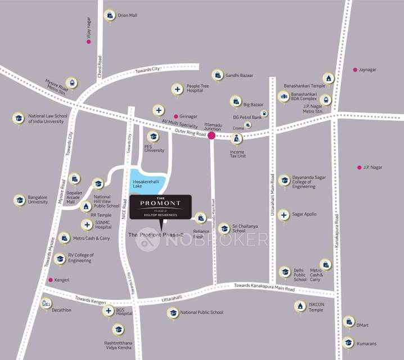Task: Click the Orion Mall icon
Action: click(110, 15)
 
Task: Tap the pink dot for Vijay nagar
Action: click(89, 42)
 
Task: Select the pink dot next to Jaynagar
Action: click(355, 70)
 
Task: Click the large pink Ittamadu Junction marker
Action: click(211, 136)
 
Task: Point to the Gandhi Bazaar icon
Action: click(217, 75)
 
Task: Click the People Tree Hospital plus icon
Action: click(178, 89)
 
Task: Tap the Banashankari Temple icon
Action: click(328, 78)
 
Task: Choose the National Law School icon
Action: click(19, 118)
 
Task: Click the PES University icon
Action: click(153, 136)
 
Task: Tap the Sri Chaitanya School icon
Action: click(224, 228)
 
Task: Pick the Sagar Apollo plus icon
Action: click(284, 214)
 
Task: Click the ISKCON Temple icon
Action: click(299, 306)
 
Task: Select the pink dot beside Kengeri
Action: click(50, 280)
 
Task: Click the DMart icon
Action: click(348, 321)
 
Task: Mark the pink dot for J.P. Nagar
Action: click(359, 167)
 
